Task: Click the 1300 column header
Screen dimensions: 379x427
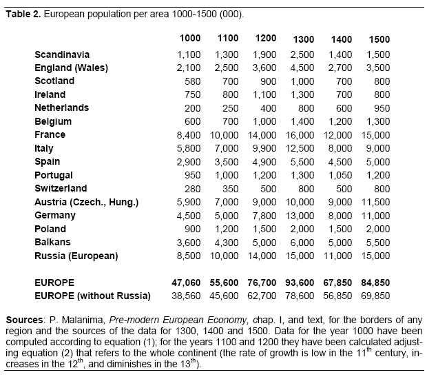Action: coord(304,39)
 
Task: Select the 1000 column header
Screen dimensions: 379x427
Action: coord(190,39)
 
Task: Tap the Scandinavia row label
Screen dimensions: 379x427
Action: coord(62,54)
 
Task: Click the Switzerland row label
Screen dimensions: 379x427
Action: coord(61,188)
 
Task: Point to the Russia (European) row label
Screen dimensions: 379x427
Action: coord(76,256)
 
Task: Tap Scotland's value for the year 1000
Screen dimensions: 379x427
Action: coord(193,81)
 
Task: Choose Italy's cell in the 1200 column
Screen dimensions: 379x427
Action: coord(266,148)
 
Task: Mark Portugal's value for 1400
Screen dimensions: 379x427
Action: coord(340,175)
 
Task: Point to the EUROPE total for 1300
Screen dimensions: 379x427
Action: coord(302,283)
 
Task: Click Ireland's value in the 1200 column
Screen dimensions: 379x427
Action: coord(266,94)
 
